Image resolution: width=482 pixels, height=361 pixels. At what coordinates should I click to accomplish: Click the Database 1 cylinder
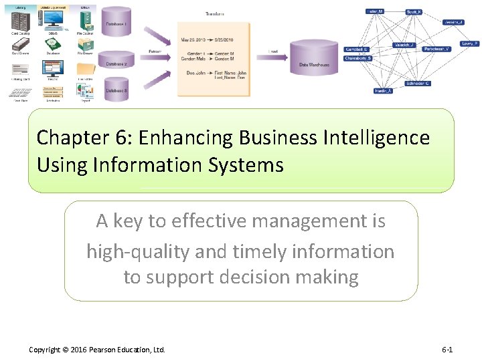118,23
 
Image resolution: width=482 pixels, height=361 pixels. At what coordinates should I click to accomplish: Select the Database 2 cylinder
118,59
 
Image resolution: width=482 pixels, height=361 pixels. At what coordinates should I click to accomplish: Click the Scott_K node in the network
414,12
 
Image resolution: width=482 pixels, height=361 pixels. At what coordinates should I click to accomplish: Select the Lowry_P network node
469,43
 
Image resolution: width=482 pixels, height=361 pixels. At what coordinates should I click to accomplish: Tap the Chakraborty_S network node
357,58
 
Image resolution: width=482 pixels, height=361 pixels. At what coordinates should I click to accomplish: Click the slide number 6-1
447,350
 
